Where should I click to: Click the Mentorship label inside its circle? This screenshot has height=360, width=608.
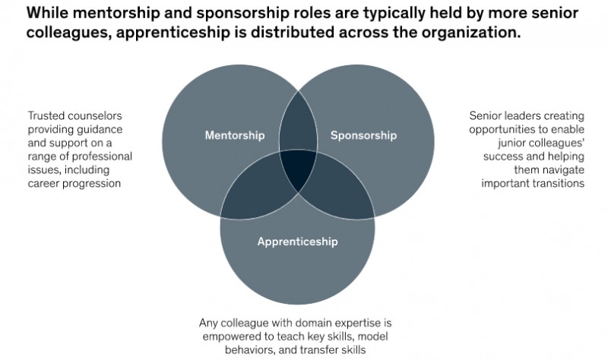235,135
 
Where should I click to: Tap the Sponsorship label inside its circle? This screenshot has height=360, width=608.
363,136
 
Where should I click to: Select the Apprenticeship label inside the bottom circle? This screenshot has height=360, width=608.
297,242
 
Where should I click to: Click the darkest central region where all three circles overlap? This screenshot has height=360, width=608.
298,169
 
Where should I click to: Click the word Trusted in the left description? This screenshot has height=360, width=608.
44,116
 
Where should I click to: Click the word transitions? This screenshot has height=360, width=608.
559,183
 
